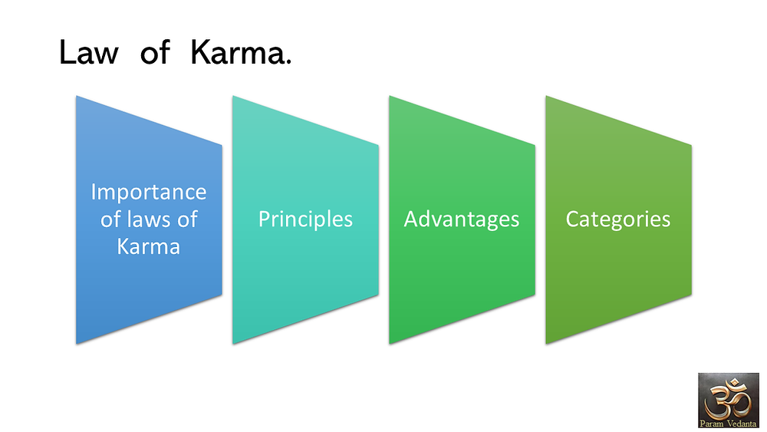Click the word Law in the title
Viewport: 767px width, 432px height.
point(88,52)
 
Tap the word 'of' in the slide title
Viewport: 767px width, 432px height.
point(155,53)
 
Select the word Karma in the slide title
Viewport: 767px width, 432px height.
point(237,52)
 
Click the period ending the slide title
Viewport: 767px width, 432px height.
point(288,61)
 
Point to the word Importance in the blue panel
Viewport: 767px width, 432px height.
point(149,192)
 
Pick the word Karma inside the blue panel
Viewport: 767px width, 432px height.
point(149,246)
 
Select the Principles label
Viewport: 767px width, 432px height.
point(305,219)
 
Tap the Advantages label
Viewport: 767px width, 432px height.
point(461,219)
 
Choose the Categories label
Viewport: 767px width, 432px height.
point(617,219)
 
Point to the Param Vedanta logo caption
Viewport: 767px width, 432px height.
point(729,424)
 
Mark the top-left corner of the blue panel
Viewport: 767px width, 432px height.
point(76,96)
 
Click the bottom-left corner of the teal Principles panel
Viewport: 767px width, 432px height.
point(233,344)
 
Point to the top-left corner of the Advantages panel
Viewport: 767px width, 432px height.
point(390,96)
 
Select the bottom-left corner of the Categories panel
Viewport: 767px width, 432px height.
point(546,344)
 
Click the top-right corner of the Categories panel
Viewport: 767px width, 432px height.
point(691,144)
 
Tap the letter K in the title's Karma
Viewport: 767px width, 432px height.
point(200,52)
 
